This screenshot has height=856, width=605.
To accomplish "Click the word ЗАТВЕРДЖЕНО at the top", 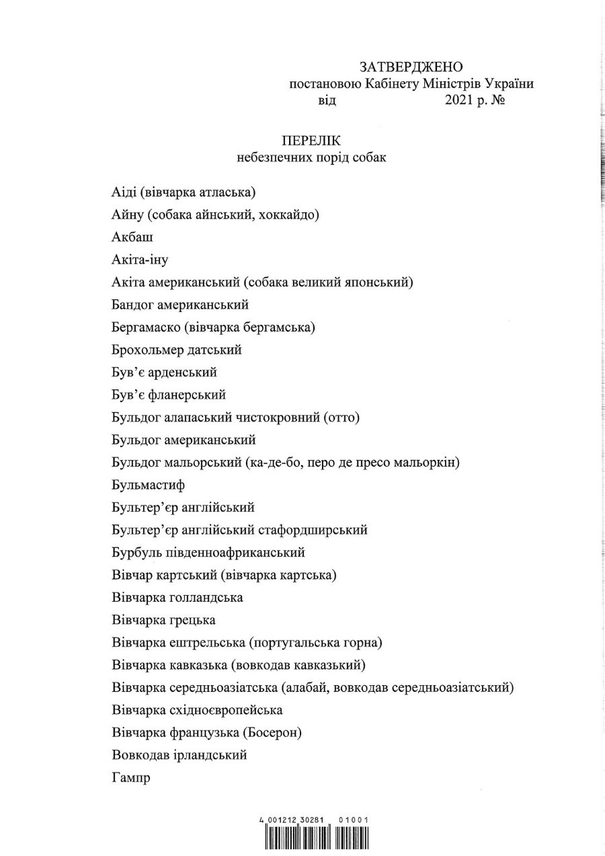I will coord(411,67).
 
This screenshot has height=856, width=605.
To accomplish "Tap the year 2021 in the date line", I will coord(459,102).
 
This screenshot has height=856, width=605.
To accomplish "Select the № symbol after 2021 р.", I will coord(498,102).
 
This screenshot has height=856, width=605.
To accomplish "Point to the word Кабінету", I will coord(392,84).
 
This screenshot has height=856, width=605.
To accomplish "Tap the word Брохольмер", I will coord(145,350).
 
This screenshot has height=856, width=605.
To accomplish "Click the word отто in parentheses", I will coord(341,418).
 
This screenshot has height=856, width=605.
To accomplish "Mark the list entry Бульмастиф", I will coord(148,485).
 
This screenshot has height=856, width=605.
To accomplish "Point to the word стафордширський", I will coord(313,530).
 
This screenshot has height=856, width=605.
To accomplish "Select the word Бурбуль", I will coord(132,553).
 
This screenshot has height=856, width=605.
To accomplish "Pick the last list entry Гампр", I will coord(130,778).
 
